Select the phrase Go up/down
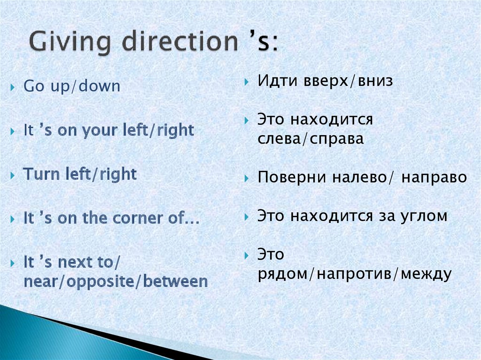click(x=72, y=87)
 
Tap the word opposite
click(x=106, y=283)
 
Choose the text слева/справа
click(x=310, y=139)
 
